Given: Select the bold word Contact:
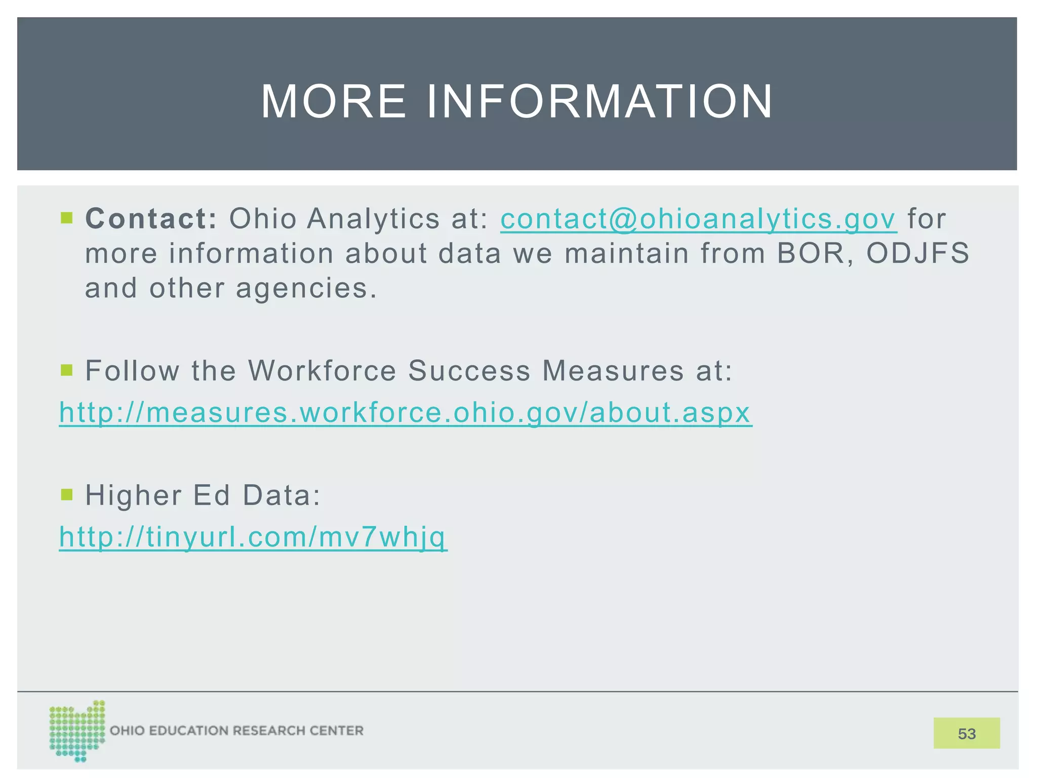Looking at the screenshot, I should (x=151, y=219).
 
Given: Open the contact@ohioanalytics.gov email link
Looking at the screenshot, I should (x=698, y=219).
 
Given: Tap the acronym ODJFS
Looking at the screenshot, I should (x=918, y=253).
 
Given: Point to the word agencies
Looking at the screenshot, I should (x=306, y=288).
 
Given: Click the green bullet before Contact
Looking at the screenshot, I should (x=66, y=218).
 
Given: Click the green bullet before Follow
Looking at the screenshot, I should (x=66, y=370).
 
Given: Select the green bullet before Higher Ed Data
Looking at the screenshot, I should (x=66, y=494).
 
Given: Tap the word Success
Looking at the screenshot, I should (x=469, y=370).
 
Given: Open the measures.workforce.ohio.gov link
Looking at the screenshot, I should (x=405, y=412).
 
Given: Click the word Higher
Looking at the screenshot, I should (x=133, y=495).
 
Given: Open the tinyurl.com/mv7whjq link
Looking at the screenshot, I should (x=253, y=536).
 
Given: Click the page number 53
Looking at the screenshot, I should (x=966, y=733).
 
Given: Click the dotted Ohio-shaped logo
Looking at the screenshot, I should (x=76, y=731).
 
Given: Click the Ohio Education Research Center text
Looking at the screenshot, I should (x=236, y=731).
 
